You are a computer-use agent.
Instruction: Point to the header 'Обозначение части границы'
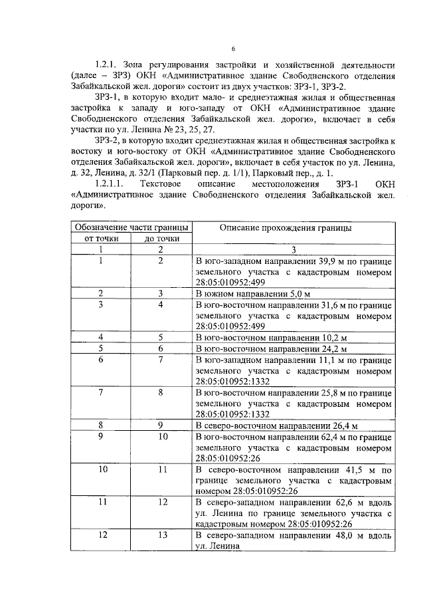coord(130,227)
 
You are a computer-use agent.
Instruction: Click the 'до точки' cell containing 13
coord(160,535)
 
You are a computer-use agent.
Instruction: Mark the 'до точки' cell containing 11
coord(160,469)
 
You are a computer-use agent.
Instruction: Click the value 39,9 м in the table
coord(321,261)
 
